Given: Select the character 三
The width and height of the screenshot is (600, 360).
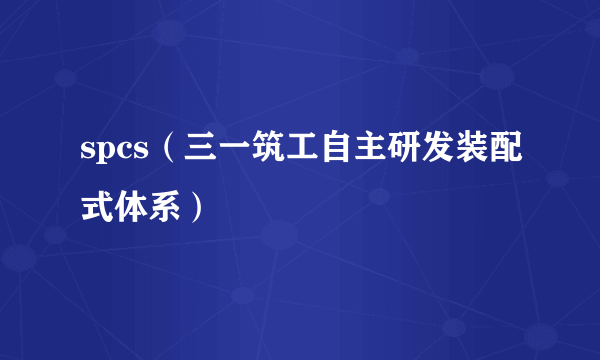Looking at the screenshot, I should (x=195, y=153).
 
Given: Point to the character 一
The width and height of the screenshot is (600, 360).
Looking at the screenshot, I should (x=229, y=153).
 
